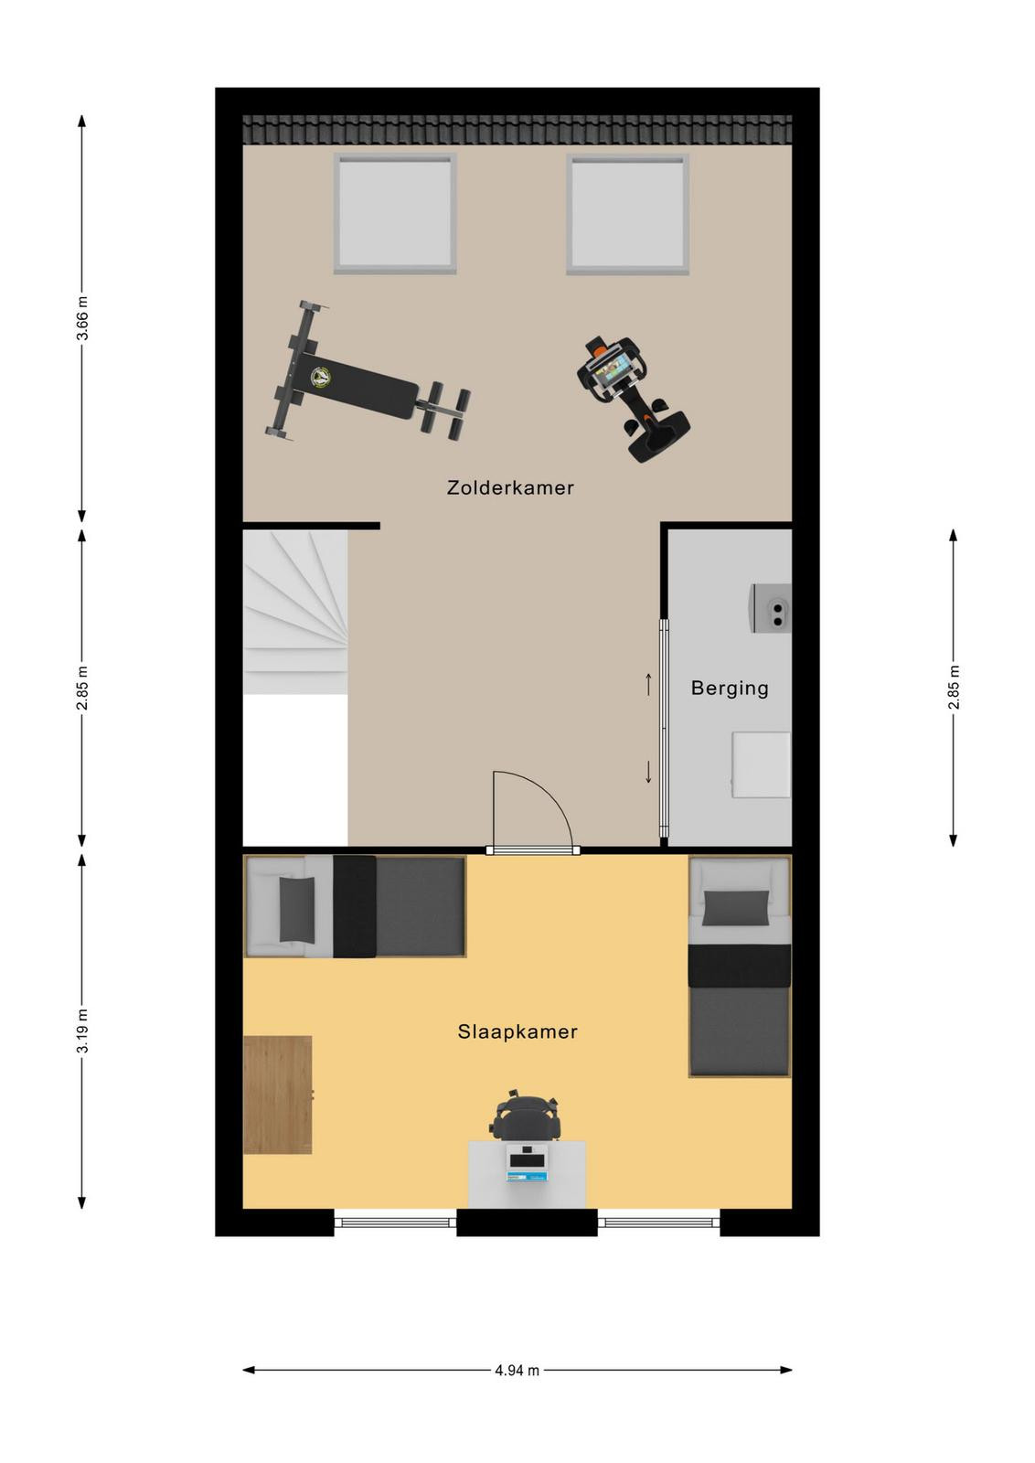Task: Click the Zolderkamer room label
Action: coord(510,487)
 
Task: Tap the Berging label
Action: coord(730,689)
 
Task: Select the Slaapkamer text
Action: coord(517,1031)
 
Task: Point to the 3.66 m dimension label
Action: coord(82,319)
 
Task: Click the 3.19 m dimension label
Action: coord(82,1031)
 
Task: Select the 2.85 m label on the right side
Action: coord(954,687)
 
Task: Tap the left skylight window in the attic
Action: coord(394,213)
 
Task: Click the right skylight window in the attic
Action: coord(627,214)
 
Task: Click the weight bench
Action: coord(368,381)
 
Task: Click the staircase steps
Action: coord(295,612)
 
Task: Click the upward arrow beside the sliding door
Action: coord(648,685)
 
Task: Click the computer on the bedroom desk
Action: coord(528,1165)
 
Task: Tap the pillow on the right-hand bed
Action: coord(735,908)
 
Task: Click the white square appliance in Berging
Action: coord(761,764)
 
